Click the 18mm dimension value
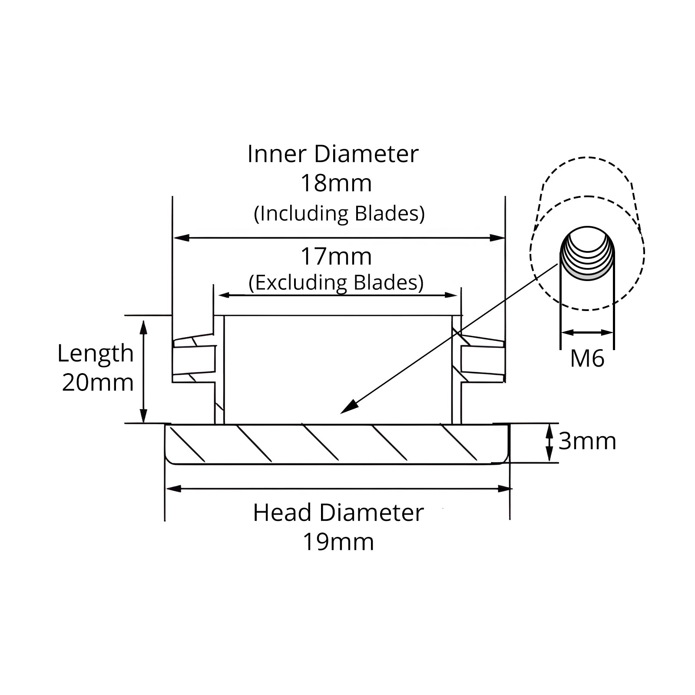[336, 183]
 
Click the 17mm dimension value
[336, 257]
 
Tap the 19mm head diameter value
[338, 542]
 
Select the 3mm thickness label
[587, 441]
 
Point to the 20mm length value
[98, 383]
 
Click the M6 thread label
[587, 359]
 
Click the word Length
[96, 354]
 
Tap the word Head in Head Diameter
[283, 513]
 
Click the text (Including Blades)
[339, 214]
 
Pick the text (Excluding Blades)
[336, 283]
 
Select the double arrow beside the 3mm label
[549, 443]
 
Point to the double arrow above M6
[587, 333]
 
